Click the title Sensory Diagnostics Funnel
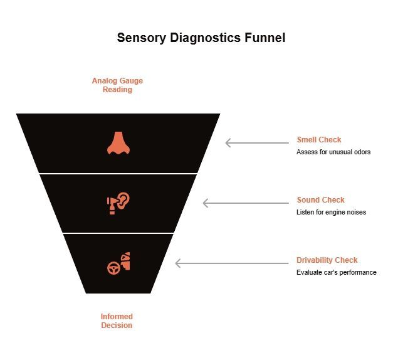(x=201, y=38)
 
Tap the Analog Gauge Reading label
(x=117, y=85)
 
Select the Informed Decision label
(x=117, y=321)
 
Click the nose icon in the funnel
(x=118, y=143)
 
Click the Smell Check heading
(x=319, y=140)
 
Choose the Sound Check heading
(x=320, y=200)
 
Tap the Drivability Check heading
(x=327, y=260)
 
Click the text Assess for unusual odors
(x=333, y=152)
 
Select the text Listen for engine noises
(x=331, y=213)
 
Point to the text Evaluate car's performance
(x=336, y=273)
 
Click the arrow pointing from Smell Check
(x=254, y=143)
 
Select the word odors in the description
(x=360, y=152)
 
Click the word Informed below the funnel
(x=117, y=317)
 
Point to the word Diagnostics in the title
(x=202, y=38)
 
